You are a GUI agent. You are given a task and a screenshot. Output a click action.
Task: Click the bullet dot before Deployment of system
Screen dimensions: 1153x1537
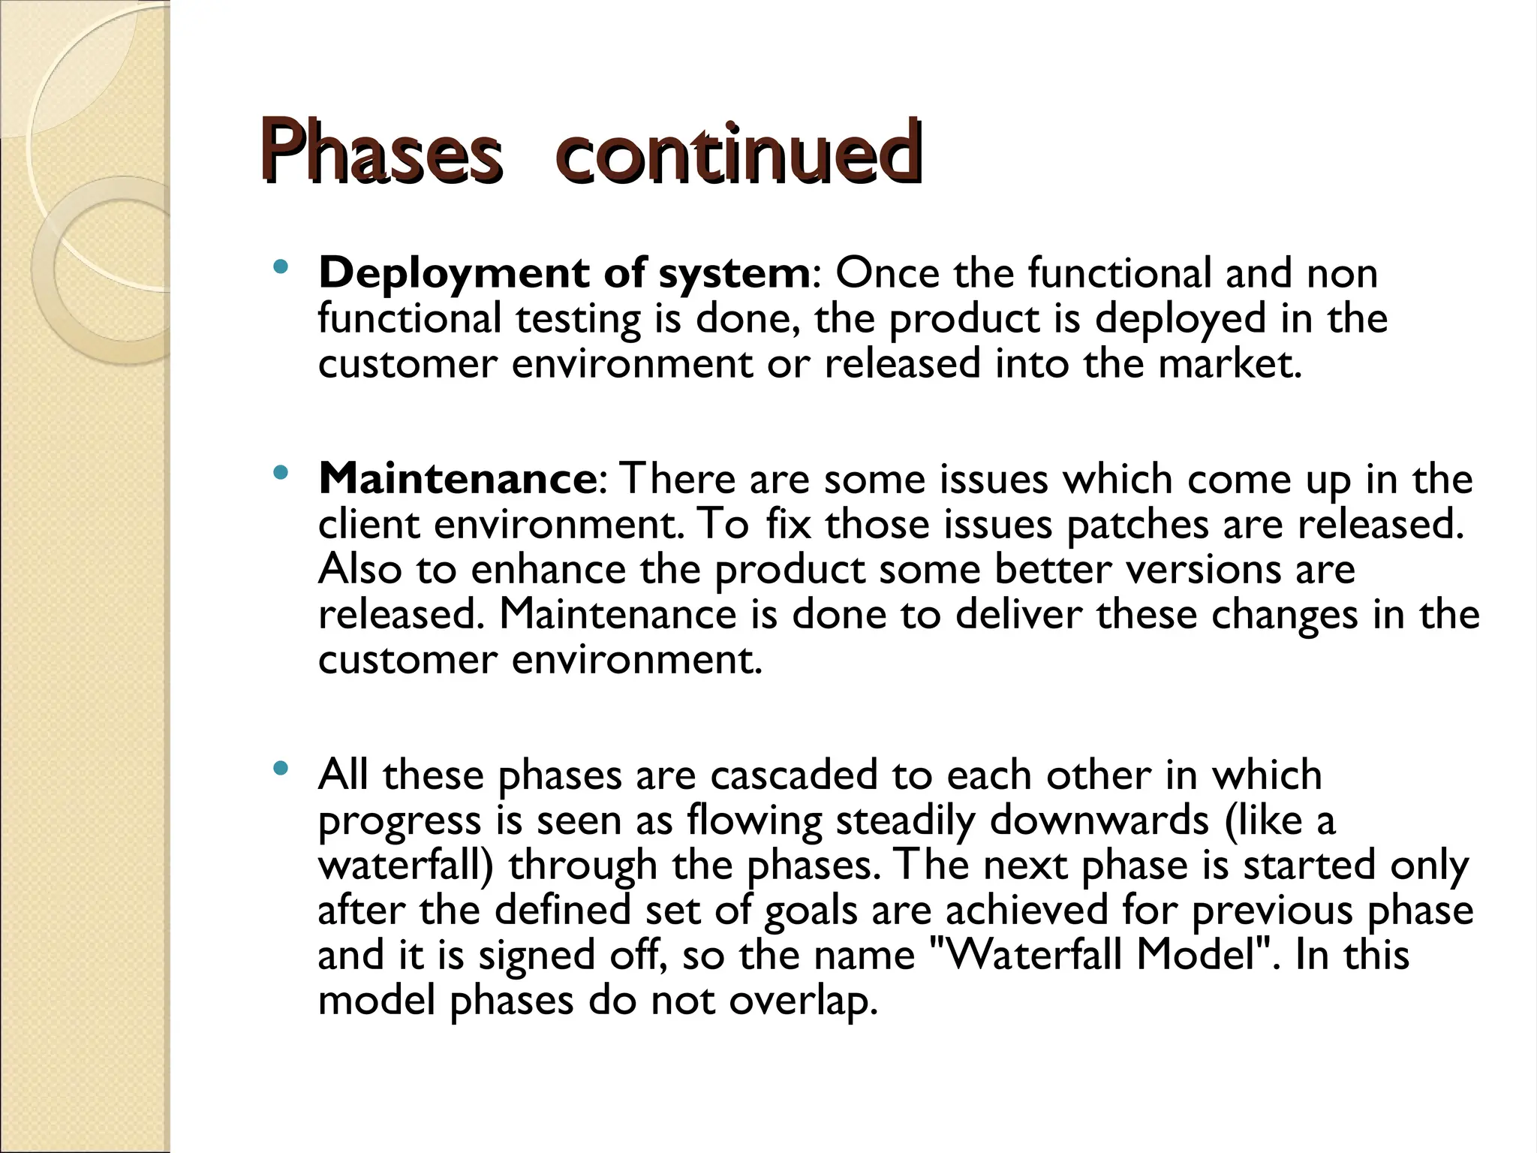pos(281,266)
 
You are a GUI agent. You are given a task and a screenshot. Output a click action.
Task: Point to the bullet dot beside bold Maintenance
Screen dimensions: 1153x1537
pos(281,473)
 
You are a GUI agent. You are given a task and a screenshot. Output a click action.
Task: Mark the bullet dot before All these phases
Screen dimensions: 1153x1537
pos(281,768)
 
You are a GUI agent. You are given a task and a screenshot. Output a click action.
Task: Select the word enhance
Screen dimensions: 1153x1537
pos(548,569)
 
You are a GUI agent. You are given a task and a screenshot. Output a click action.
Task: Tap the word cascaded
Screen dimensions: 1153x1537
pos(794,775)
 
